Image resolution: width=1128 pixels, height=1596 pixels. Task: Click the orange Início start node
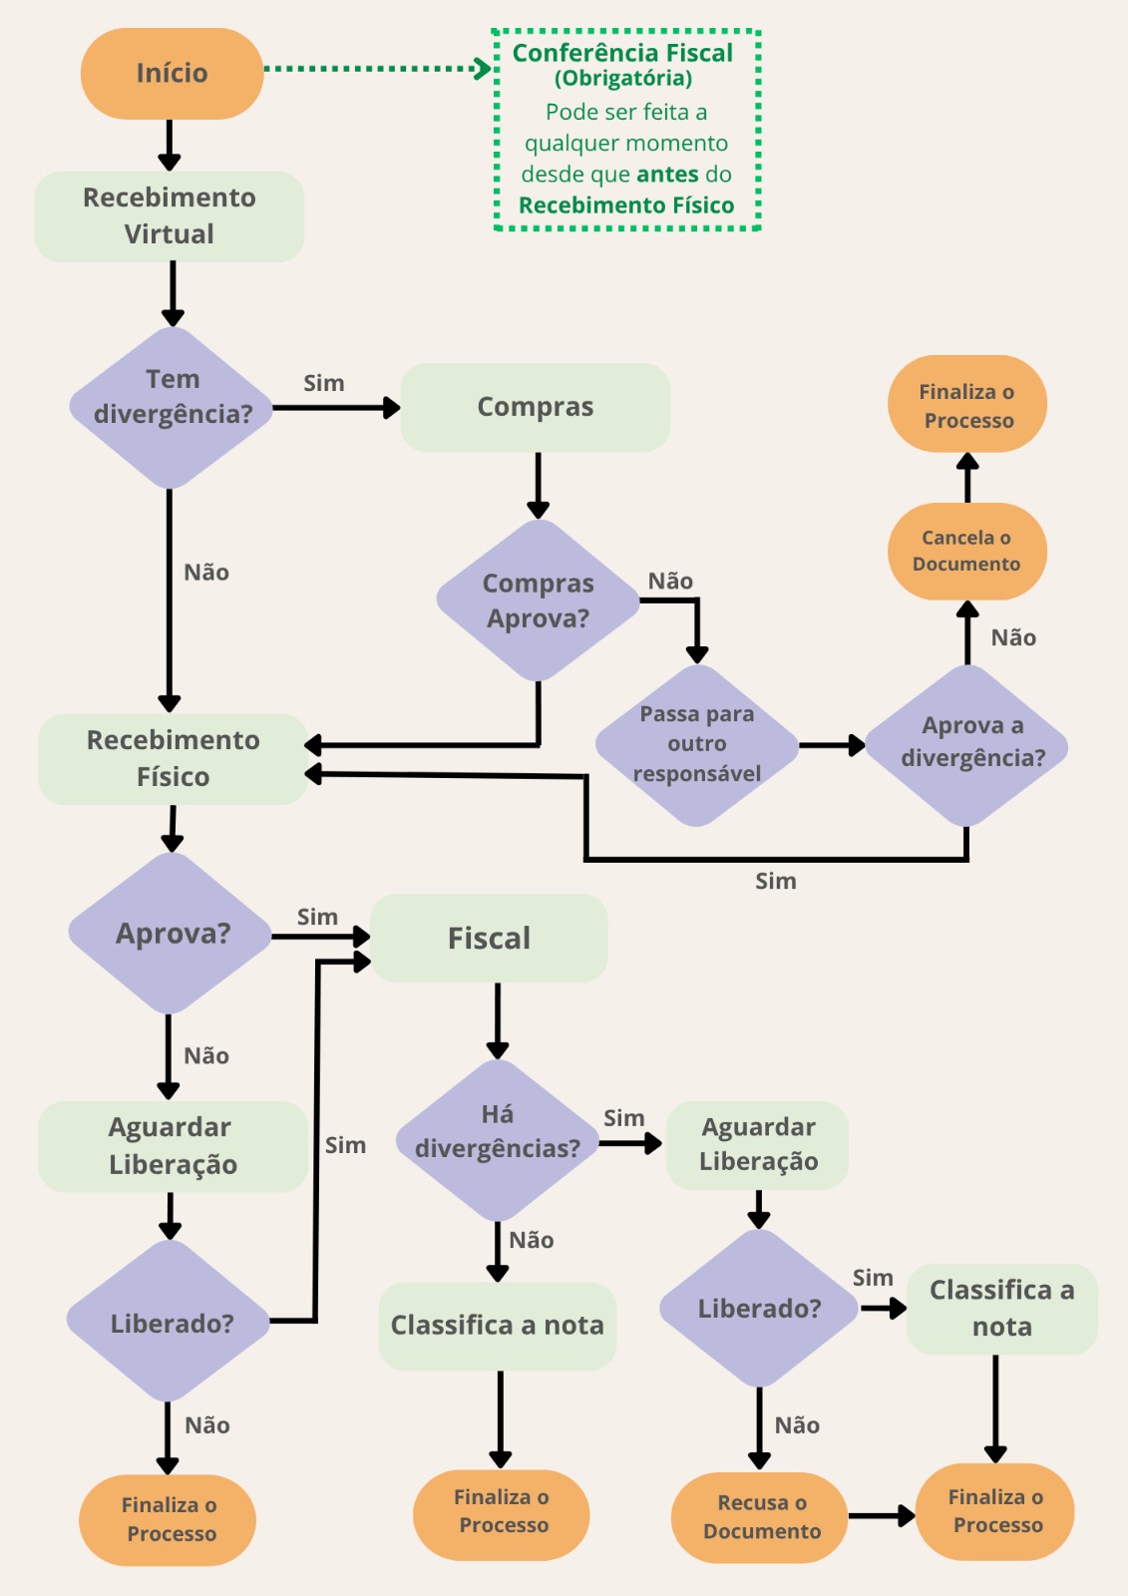[x=172, y=74]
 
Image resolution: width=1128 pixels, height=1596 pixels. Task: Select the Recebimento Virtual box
[x=170, y=215]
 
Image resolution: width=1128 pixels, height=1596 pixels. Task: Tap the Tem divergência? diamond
[x=171, y=407]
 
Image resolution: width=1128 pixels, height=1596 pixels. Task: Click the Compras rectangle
[x=536, y=407]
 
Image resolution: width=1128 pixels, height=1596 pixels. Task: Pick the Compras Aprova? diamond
[x=538, y=599]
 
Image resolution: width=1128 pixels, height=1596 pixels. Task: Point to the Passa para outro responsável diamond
[x=697, y=744]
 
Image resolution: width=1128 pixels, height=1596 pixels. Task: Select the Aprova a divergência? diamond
[x=966, y=744]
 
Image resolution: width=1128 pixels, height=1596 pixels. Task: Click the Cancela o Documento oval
[x=967, y=551]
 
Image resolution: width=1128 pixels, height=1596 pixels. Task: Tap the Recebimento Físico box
[x=174, y=759]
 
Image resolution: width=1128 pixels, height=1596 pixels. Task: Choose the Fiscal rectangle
[x=489, y=938]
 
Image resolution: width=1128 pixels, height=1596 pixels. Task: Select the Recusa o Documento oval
[x=760, y=1517]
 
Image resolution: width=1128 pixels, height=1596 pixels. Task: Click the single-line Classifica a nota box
[x=498, y=1326]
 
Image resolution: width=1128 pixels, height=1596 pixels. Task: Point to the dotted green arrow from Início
[x=378, y=69]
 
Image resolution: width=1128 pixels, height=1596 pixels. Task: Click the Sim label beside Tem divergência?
[x=324, y=383]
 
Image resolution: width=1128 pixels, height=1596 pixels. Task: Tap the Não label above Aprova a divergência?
[x=1013, y=637]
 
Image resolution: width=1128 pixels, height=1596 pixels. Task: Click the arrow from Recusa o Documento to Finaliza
[x=882, y=1515]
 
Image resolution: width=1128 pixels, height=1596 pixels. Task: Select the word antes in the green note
[x=667, y=175]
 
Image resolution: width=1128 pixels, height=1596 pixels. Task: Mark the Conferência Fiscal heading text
[x=622, y=54]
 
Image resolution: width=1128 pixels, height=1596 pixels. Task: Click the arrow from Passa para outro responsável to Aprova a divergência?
[x=832, y=745]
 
